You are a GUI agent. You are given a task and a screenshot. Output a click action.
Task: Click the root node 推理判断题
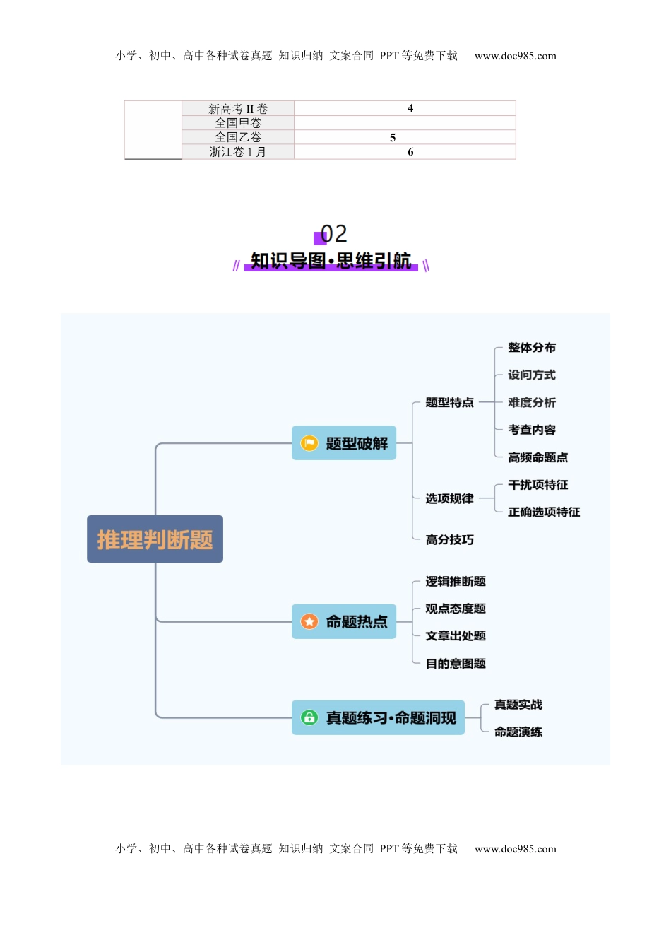click(x=155, y=539)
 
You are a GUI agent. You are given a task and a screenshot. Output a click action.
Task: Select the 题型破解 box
click(x=344, y=443)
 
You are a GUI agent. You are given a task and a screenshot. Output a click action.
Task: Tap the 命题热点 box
click(x=344, y=622)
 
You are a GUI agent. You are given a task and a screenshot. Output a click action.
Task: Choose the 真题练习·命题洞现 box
click(x=378, y=718)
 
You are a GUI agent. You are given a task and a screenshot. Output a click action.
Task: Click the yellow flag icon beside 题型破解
click(x=309, y=443)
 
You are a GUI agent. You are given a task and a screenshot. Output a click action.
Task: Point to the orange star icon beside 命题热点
click(x=309, y=622)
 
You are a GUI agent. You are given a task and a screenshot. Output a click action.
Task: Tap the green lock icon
click(x=309, y=718)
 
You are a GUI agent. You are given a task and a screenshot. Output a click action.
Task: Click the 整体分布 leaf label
click(x=531, y=348)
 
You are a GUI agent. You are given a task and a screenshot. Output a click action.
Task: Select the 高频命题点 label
click(x=538, y=457)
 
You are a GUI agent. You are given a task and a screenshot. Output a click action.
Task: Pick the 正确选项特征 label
click(x=543, y=512)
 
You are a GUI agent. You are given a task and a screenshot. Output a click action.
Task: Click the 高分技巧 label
click(x=449, y=540)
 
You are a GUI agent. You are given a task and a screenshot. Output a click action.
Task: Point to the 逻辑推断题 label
click(x=455, y=582)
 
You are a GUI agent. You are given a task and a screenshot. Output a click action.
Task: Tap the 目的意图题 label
click(x=455, y=664)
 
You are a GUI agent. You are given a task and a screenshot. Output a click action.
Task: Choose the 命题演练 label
click(x=518, y=732)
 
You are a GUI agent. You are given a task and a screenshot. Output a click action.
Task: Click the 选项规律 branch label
click(x=449, y=499)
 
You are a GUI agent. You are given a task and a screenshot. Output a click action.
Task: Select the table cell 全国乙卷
click(x=238, y=137)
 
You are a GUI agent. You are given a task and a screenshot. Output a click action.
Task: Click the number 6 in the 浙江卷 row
click(x=410, y=152)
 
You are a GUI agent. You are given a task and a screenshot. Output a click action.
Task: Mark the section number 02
click(x=333, y=234)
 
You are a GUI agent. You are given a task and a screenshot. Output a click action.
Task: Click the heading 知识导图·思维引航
click(x=331, y=261)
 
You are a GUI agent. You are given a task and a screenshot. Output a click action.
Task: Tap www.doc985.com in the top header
click(x=515, y=56)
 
